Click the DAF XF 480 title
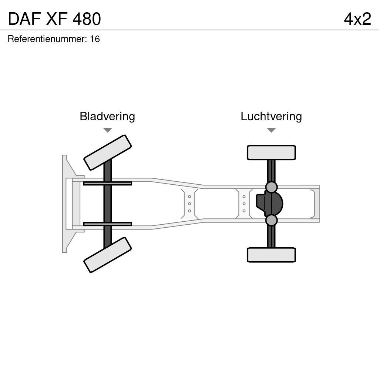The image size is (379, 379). point(54,19)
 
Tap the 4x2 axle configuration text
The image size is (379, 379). point(357,19)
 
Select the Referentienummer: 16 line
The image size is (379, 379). point(54,39)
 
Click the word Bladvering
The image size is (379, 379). point(107,117)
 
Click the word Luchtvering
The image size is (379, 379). point(271,117)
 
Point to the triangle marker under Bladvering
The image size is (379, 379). point(107,130)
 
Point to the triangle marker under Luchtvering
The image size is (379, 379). point(271,130)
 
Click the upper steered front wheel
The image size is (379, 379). point(108,152)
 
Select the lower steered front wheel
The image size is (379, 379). point(108,255)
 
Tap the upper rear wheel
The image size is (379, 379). point(271,152)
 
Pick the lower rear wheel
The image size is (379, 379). point(271,255)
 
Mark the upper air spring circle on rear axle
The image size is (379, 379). point(271,187)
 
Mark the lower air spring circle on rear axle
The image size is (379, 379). point(271,220)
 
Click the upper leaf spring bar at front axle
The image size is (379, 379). point(107,183)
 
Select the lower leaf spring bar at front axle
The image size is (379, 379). point(107,224)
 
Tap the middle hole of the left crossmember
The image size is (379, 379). point(189,204)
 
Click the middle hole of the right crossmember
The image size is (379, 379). point(244,204)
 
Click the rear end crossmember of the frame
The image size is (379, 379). point(316,204)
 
